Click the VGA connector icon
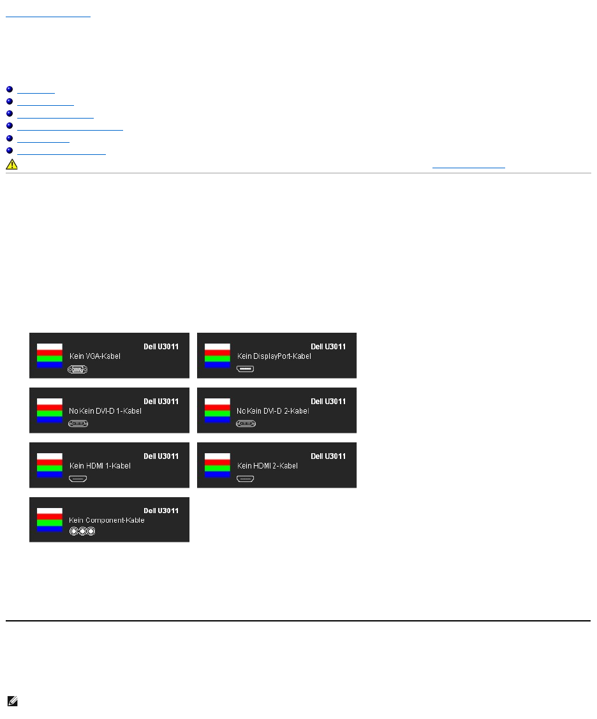[78, 368]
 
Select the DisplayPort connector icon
[246, 368]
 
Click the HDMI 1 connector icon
[78, 477]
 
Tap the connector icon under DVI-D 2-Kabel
[246, 423]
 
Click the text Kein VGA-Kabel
[94, 356]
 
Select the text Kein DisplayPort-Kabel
[274, 356]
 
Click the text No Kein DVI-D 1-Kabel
[105, 411]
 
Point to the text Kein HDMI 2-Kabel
[267, 466]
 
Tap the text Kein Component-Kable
[107, 520]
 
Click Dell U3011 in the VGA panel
[161, 347]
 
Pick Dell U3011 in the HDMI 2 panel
[328, 456]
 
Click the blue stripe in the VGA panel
[49, 365]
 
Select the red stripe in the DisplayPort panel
[217, 352]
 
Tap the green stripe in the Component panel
[49, 523]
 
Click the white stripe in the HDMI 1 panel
[49, 456]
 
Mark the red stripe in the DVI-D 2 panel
[217, 407]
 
